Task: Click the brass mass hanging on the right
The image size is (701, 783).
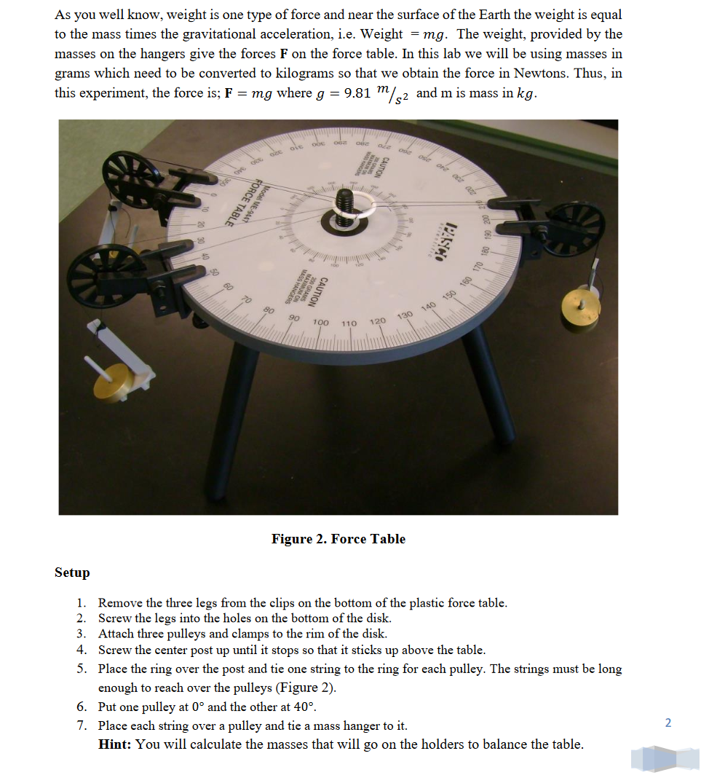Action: [579, 310]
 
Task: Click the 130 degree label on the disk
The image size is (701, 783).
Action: [405, 314]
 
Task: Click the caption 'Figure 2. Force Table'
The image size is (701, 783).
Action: [338, 539]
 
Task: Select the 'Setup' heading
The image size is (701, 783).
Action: [72, 573]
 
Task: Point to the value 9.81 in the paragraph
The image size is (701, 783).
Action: [359, 94]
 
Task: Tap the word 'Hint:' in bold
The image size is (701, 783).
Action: [115, 744]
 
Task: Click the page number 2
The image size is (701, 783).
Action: [668, 723]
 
